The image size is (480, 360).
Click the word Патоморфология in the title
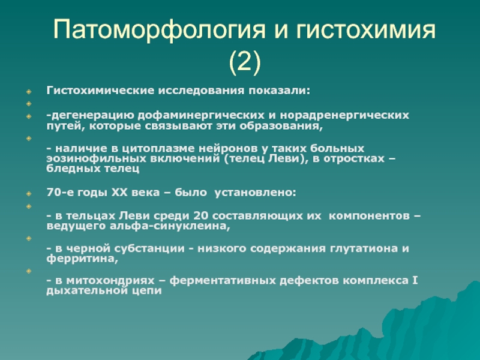158,29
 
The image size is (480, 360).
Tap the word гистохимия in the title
365,29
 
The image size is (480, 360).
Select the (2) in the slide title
245,62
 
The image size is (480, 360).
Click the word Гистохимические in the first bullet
100,91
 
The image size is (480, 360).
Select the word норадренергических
344,115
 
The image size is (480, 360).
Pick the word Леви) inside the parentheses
289,158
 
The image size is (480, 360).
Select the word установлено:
256,193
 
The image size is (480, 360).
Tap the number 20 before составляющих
200,216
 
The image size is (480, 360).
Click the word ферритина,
82,259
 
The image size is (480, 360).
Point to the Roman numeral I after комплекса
415,280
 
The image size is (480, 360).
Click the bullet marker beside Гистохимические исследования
29,91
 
